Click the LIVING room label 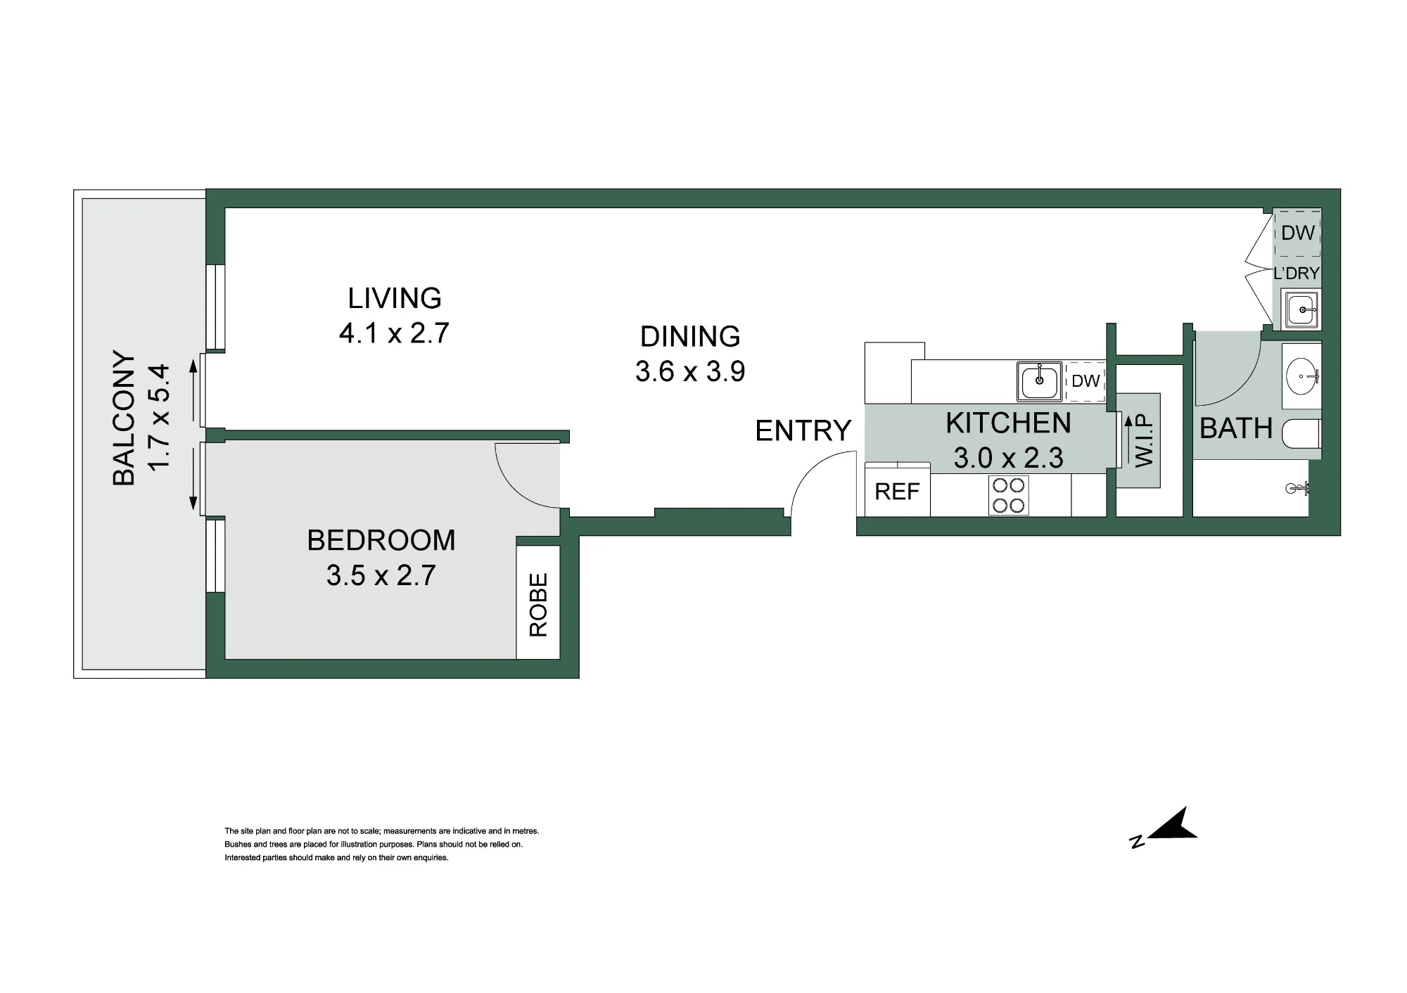pos(395,298)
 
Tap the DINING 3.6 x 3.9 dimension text pos(690,371)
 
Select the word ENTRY pos(803,430)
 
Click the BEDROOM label pos(381,540)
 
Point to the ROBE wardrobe pos(538,603)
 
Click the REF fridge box pos(897,491)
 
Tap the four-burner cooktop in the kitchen pos(1009,496)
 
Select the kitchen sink pos(1039,381)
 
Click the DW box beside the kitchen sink pos(1086,381)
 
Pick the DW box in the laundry pos(1297,233)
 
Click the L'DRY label pos(1297,274)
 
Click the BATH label pos(1236,428)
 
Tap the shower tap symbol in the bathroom pos(1297,487)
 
